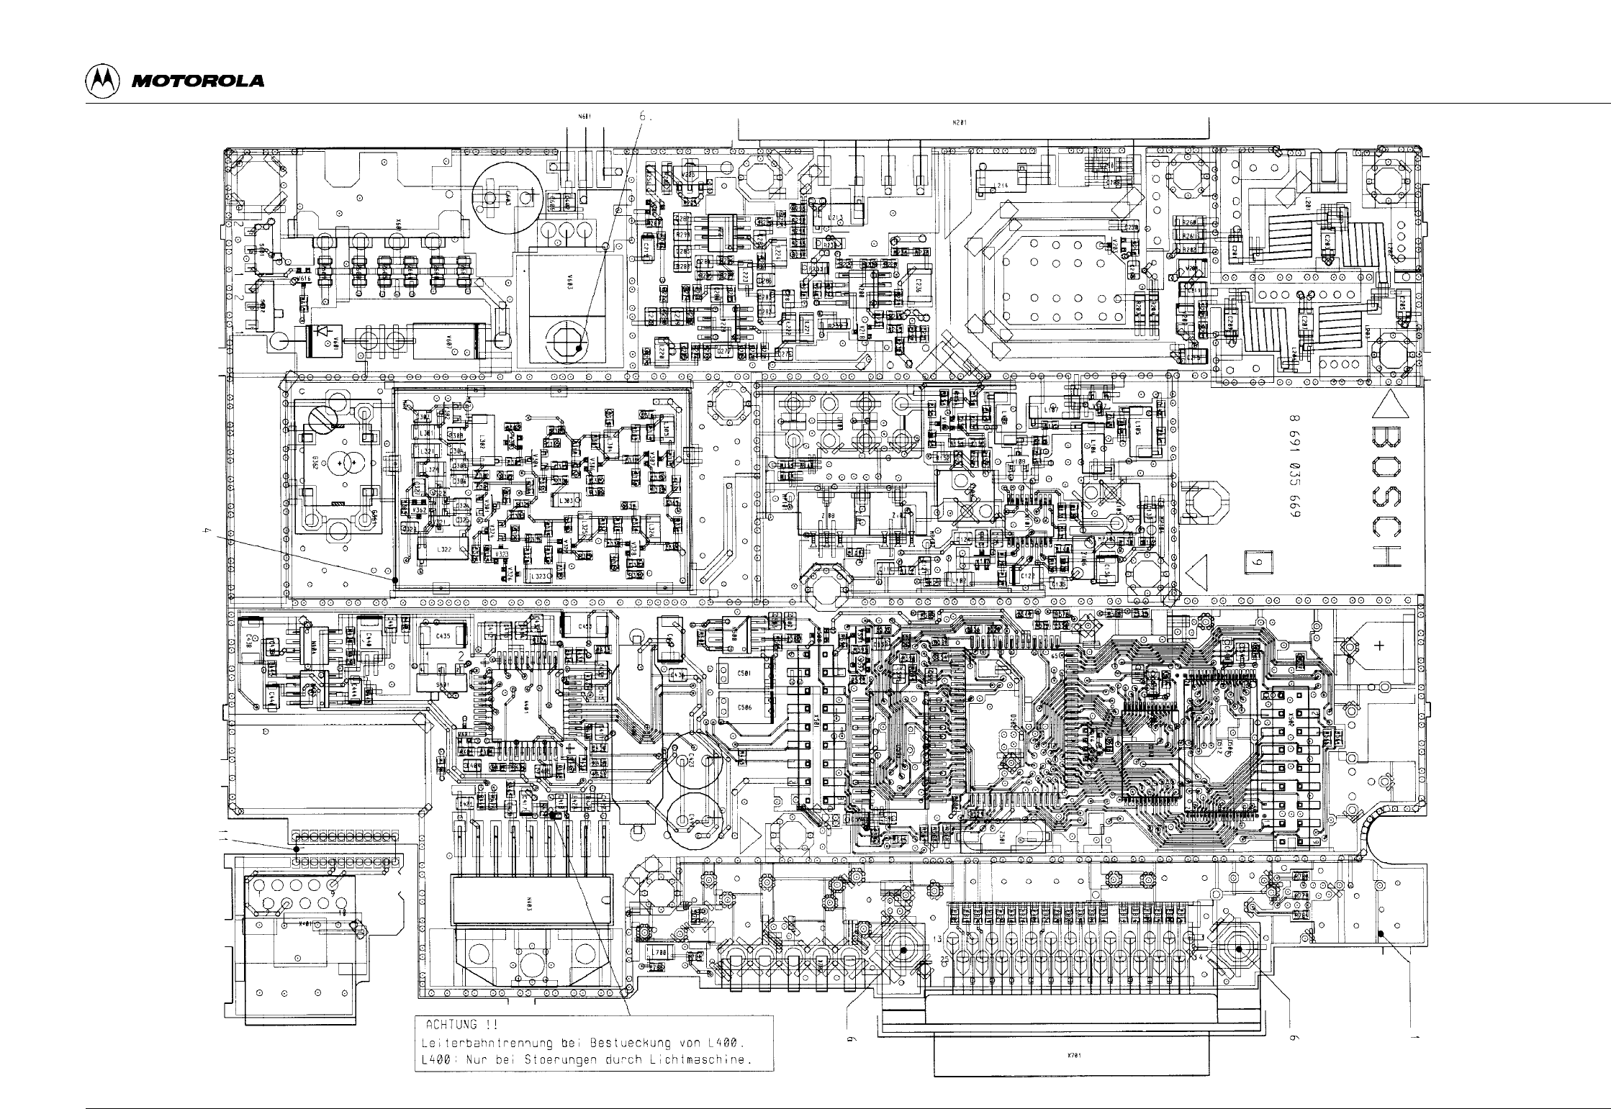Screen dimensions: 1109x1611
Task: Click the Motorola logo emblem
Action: tap(102, 81)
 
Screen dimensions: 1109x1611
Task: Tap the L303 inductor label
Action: tap(566, 499)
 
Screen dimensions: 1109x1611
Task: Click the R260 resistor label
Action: tap(1188, 222)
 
